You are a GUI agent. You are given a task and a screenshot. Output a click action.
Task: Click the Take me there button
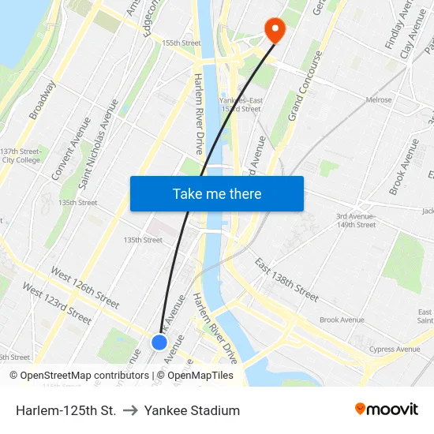pyautogui.click(x=217, y=193)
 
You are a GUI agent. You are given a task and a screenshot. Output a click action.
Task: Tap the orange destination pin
pyautogui.click(x=275, y=30)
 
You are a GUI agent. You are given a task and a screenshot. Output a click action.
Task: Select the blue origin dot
pyautogui.click(x=159, y=342)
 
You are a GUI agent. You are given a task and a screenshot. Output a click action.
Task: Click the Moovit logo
pyautogui.click(x=386, y=410)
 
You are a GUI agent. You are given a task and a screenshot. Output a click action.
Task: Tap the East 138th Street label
pyautogui.click(x=286, y=279)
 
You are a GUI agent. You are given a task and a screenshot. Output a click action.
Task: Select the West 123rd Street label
pyautogui.click(x=57, y=303)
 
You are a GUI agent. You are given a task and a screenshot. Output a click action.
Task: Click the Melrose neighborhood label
pyautogui.click(x=379, y=100)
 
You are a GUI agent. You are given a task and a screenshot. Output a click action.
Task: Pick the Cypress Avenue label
pyautogui.click(x=395, y=349)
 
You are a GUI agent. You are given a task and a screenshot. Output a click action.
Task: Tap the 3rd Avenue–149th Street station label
pyautogui.click(x=356, y=220)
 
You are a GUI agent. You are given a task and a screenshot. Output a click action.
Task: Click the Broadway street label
pyautogui.click(x=43, y=100)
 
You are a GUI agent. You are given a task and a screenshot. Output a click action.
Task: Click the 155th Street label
pyautogui.click(x=181, y=43)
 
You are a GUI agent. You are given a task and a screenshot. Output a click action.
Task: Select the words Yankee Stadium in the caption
pyautogui.click(x=192, y=410)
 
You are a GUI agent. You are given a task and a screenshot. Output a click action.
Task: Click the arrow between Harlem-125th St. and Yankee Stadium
pyautogui.click(x=130, y=410)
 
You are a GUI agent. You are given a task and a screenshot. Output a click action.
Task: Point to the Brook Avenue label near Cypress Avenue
pyautogui.click(x=342, y=320)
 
